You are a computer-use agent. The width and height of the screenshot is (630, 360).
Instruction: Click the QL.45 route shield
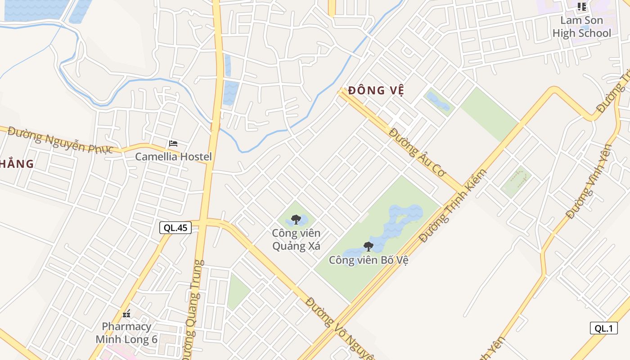(x=175, y=228)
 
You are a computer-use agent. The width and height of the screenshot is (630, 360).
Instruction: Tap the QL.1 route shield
(x=603, y=328)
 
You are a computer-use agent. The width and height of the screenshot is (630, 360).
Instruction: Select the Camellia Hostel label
(x=173, y=157)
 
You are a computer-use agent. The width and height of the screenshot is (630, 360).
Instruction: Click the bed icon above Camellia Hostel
(x=173, y=144)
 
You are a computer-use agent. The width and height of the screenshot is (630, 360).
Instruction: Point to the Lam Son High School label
(x=581, y=27)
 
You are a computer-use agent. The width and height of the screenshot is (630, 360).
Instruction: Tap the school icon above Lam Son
(x=582, y=7)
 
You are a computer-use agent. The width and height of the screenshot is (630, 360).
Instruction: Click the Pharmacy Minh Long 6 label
(x=126, y=333)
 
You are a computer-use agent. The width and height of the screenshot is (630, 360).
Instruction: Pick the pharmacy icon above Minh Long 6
(x=126, y=314)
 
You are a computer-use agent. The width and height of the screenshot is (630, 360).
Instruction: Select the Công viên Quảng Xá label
(x=296, y=239)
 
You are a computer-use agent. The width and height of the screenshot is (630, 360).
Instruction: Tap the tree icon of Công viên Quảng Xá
(x=296, y=220)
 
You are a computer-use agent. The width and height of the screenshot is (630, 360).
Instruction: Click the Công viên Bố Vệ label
(x=369, y=260)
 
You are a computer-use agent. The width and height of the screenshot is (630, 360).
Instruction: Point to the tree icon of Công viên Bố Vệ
(x=369, y=246)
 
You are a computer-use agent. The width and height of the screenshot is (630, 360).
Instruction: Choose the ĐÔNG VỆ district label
(x=376, y=90)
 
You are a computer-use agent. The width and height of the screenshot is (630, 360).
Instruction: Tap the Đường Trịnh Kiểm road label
(x=454, y=206)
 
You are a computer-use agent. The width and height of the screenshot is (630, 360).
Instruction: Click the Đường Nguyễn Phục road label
(x=60, y=140)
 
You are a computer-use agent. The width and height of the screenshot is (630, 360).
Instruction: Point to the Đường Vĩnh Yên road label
(x=590, y=181)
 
